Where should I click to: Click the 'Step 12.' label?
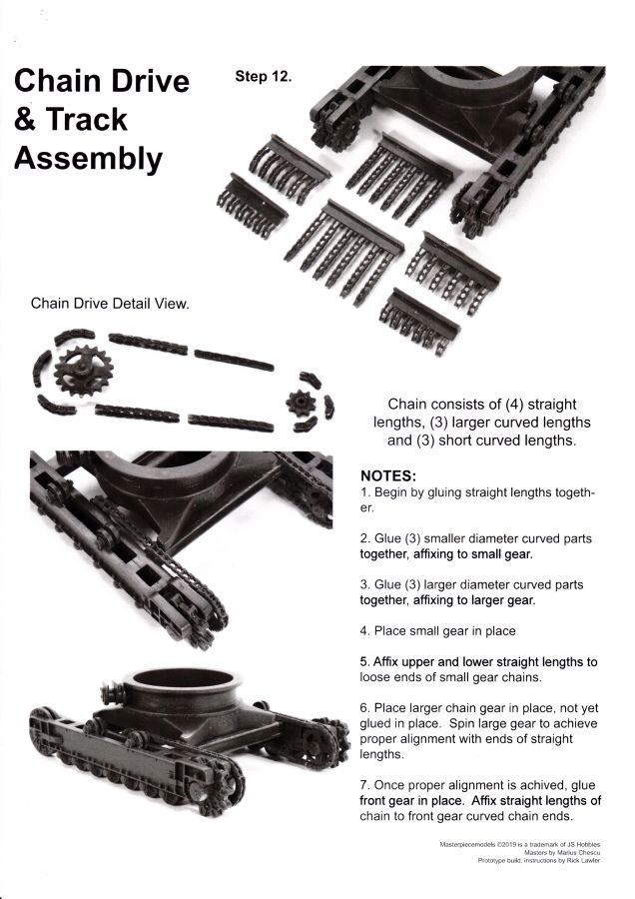click(263, 76)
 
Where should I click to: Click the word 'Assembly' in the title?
click(88, 159)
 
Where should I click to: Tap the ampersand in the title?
click(25, 119)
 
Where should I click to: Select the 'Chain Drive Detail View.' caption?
click(110, 304)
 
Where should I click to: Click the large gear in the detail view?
click(84, 371)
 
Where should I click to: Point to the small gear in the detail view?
click(301, 404)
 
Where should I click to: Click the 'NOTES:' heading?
click(388, 475)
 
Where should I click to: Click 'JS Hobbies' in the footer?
click(584, 844)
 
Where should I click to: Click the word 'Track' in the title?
click(86, 119)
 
